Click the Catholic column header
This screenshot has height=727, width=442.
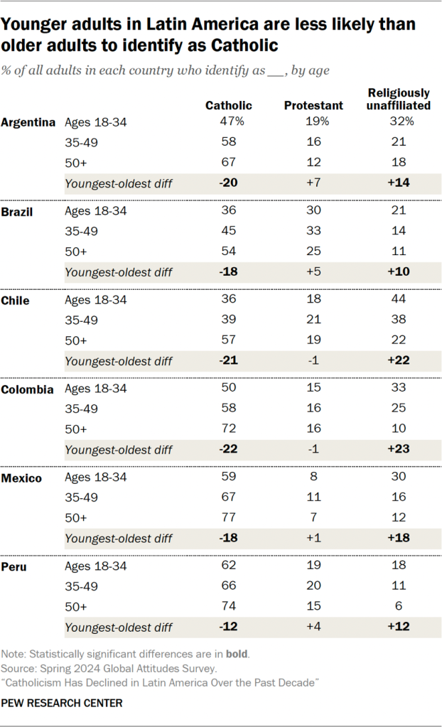(x=228, y=105)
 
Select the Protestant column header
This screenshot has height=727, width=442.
(x=313, y=105)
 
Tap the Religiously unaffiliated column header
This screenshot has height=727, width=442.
(x=399, y=99)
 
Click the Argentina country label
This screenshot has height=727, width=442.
(x=28, y=122)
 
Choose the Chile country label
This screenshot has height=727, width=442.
(x=16, y=300)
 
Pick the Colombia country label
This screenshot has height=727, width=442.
(x=27, y=389)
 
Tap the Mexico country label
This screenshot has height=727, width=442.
(x=21, y=478)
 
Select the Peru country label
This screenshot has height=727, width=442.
(x=14, y=566)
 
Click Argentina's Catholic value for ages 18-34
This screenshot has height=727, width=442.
(x=229, y=122)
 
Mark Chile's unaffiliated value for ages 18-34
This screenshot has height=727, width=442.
(x=398, y=300)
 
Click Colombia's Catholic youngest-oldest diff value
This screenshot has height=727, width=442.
(x=228, y=449)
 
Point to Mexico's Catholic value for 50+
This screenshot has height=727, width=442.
(x=228, y=517)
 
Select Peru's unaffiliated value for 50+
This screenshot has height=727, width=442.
(x=398, y=606)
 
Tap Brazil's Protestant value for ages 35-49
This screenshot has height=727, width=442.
(x=313, y=231)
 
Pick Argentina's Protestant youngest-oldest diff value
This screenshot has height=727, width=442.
(x=313, y=183)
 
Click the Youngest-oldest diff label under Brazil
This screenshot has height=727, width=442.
(x=118, y=271)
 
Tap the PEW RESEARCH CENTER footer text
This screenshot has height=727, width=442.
(x=62, y=703)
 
